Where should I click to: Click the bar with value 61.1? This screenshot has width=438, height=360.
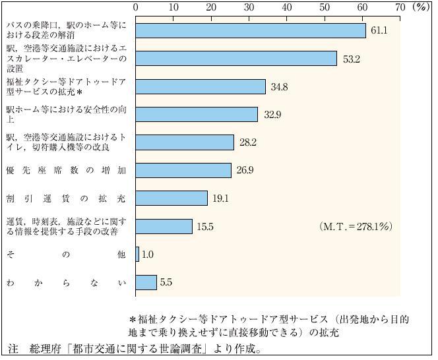coord(251,31)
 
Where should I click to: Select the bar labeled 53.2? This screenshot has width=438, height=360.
coord(236,59)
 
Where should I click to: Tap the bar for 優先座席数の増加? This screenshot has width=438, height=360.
coord(183,171)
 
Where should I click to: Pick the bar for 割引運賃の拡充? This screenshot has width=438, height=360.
coord(172,198)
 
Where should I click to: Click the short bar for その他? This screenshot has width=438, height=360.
coord(137,255)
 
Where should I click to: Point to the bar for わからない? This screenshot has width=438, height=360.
coord(146,282)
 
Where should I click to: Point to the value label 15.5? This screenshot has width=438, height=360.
coord(206,227)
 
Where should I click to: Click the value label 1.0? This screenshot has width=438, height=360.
coord(149,255)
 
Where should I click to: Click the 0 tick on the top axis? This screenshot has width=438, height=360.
coord(136,7)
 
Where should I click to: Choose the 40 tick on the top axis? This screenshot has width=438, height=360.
coord(287,7)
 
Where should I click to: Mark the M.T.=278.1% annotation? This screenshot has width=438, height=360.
coord(356,226)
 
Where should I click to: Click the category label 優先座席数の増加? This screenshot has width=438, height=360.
coord(65,171)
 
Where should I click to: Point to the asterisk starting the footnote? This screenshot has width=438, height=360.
coord(133,319)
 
